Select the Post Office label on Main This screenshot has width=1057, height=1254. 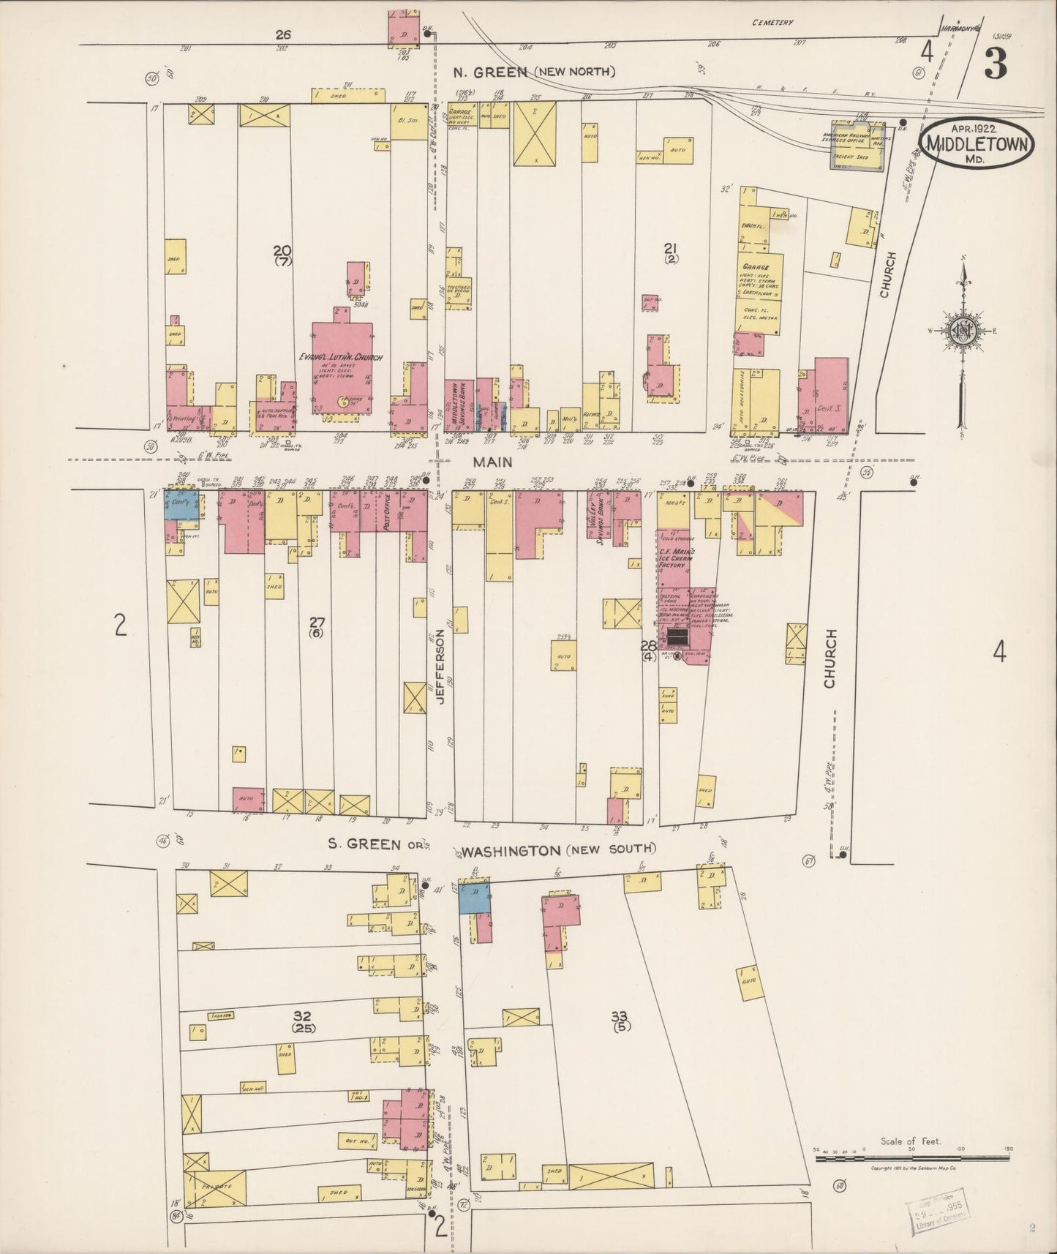388,511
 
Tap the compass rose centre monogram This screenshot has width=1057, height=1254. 960,331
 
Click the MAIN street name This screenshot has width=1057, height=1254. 492,462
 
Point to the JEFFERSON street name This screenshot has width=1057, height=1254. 441,666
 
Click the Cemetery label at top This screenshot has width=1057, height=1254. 772,23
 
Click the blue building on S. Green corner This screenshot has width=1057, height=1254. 474,898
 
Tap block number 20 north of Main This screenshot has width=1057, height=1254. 282,250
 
